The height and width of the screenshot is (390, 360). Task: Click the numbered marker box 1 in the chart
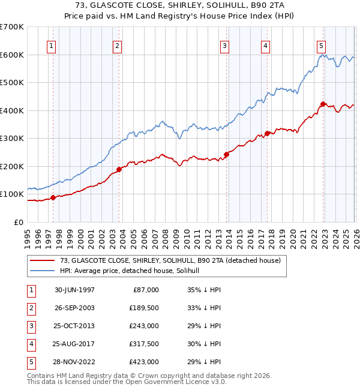[x=51, y=46]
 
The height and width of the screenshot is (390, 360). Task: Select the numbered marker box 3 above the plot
[x=224, y=46]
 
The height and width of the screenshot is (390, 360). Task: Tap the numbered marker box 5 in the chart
[x=322, y=46]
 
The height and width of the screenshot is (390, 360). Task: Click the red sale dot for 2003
[x=119, y=169]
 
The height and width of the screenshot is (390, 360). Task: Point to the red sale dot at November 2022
[x=323, y=104]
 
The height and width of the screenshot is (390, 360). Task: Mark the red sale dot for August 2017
[x=267, y=134]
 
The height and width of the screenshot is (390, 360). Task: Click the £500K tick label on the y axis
[x=12, y=83]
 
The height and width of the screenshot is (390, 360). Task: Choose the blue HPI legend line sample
[x=43, y=271]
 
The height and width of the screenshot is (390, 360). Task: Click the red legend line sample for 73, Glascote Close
[x=43, y=260]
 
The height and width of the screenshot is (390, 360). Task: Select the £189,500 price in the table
[x=144, y=308]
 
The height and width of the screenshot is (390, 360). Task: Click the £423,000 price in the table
[x=144, y=362]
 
